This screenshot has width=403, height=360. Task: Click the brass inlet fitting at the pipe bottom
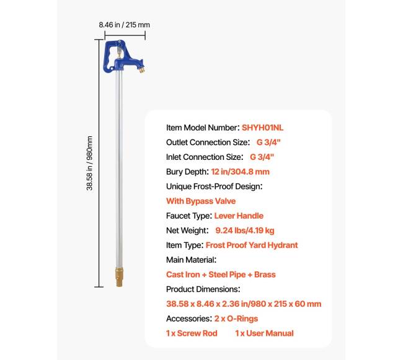[x=118, y=278]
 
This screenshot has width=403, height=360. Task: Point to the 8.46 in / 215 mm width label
[x=125, y=25]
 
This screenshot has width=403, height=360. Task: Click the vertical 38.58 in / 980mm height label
[x=89, y=163]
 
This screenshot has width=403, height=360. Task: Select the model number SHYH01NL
[x=263, y=128]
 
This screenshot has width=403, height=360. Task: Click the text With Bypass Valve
[x=201, y=201]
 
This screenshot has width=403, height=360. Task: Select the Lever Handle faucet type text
[x=239, y=216]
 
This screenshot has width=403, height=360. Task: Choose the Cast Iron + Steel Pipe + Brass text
[x=221, y=274]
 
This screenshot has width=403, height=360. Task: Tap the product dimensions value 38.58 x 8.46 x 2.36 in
[x=244, y=304]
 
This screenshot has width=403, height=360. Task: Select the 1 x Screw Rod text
[x=192, y=333]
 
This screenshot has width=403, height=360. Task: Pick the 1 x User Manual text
[x=264, y=333]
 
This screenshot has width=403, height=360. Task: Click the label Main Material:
[x=191, y=260]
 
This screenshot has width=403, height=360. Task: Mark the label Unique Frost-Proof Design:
[x=215, y=186]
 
